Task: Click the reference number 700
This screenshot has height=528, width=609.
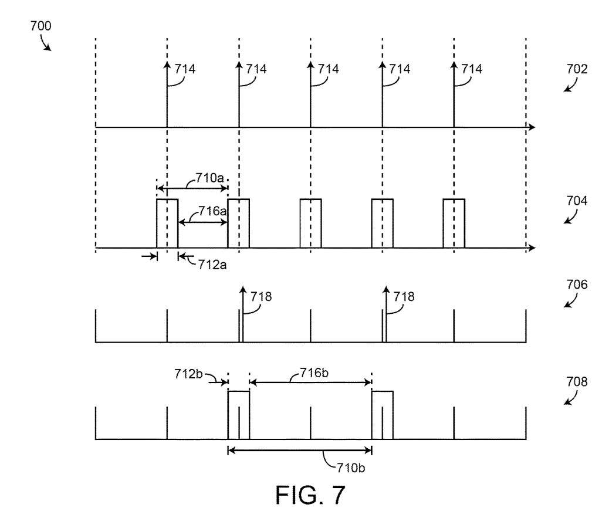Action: click(40, 26)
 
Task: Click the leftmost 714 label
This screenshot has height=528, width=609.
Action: click(184, 69)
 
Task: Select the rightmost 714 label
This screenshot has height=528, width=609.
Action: click(471, 69)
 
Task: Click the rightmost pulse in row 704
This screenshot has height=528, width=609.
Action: click(454, 224)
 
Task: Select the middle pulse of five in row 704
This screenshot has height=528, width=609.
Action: click(310, 224)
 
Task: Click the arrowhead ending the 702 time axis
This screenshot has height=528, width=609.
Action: click(531, 127)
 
